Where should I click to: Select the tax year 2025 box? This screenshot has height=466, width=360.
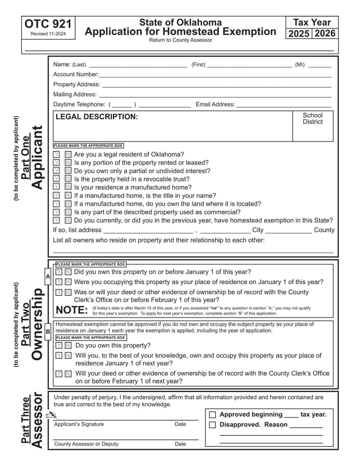tap(299, 34)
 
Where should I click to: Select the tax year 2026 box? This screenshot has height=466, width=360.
tap(325, 34)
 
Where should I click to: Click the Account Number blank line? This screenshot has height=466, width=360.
tap(215, 75)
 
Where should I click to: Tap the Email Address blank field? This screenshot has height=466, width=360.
tap(283, 104)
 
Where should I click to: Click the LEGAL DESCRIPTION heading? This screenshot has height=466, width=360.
tap(97, 117)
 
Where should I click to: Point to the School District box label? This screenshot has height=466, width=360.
tap(312, 118)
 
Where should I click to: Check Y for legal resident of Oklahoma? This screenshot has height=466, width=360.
tap(57, 154)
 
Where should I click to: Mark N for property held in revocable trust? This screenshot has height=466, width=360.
tap(67, 179)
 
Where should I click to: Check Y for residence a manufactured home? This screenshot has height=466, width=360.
tap(57, 187)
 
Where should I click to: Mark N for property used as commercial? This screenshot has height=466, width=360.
tap(67, 212)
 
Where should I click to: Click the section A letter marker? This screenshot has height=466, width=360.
tap(48, 276)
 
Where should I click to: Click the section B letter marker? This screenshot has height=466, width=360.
tap(48, 332)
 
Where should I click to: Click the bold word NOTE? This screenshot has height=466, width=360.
tap(72, 310)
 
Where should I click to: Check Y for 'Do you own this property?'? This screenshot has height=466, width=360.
tap(59, 346)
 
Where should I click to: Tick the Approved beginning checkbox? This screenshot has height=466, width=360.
tap(213, 415)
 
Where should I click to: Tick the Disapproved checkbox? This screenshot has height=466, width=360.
tap(213, 425)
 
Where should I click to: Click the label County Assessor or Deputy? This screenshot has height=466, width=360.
tap(86, 444)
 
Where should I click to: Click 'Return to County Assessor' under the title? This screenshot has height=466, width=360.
tap(180, 40)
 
